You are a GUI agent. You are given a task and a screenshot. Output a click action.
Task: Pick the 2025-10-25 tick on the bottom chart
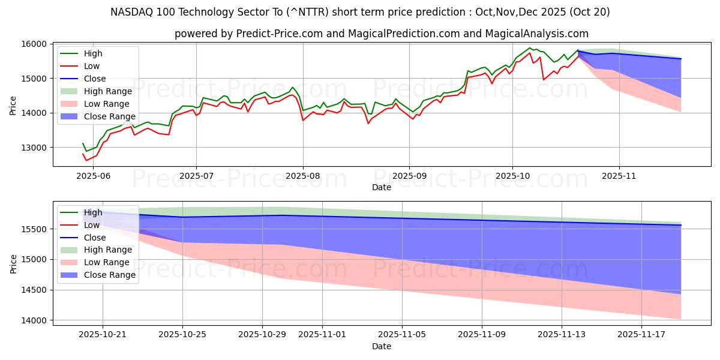[182, 334]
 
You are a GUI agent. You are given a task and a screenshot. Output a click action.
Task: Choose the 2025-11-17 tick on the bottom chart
[641, 334]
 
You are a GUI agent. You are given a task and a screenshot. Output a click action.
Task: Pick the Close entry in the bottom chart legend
[95, 238]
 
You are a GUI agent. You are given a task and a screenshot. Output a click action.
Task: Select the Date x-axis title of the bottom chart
[382, 346]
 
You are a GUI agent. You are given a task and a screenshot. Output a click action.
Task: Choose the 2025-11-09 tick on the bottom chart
[482, 334]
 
